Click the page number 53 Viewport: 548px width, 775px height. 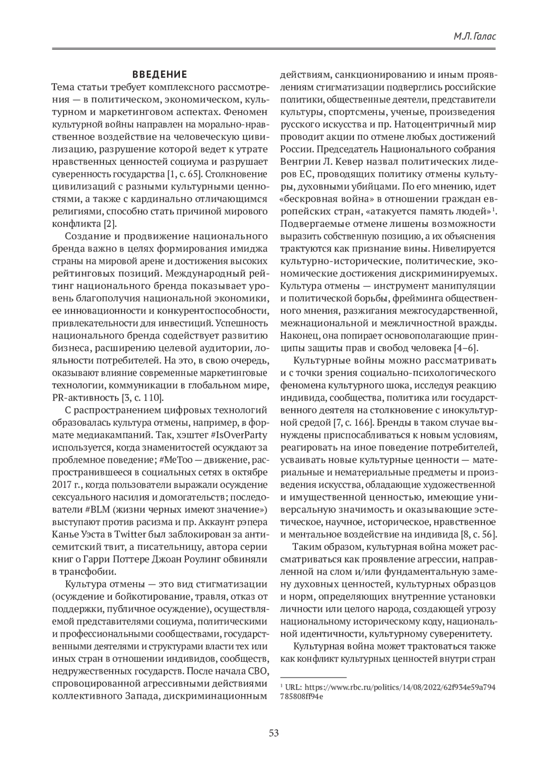click(x=274, y=734)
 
